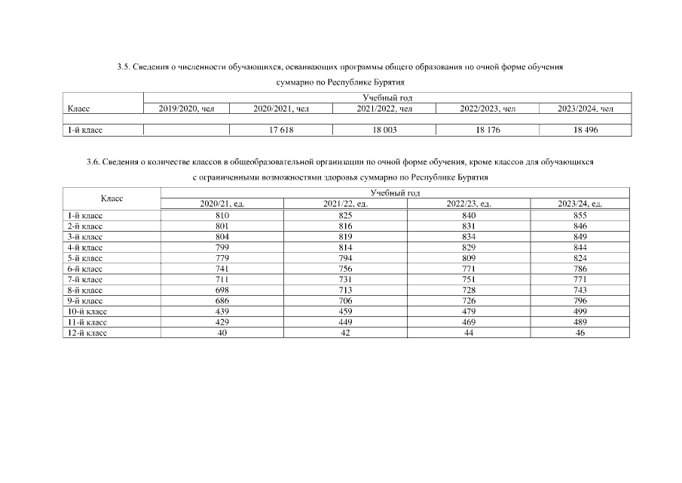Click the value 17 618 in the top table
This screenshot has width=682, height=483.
280,131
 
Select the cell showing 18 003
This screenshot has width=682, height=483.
384,131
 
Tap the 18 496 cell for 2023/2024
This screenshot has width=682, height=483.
585,131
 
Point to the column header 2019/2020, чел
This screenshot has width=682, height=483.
187,109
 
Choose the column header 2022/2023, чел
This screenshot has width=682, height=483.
488,109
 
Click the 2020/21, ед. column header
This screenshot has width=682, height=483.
222,204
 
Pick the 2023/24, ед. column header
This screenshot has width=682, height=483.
580,204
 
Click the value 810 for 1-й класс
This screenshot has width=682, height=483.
222,216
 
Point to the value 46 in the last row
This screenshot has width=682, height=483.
580,332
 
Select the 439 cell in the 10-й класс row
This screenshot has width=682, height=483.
222,311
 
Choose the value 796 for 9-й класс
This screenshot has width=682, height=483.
580,300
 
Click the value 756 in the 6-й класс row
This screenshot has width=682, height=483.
344,269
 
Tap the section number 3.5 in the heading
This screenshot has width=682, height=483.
123,67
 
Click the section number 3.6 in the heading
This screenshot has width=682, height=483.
93,162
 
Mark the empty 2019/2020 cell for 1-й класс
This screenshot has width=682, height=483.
187,131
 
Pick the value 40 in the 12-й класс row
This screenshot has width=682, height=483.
222,332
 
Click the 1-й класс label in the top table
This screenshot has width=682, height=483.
85,131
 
